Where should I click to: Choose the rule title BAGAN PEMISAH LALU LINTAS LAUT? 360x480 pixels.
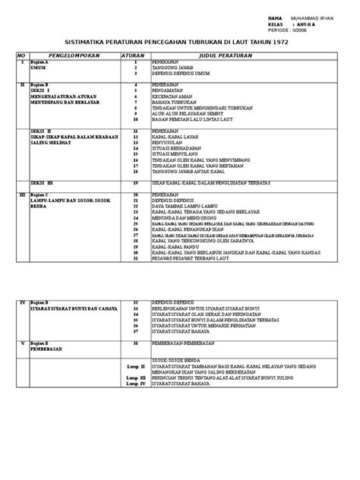pyautogui.click(x=194, y=120)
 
